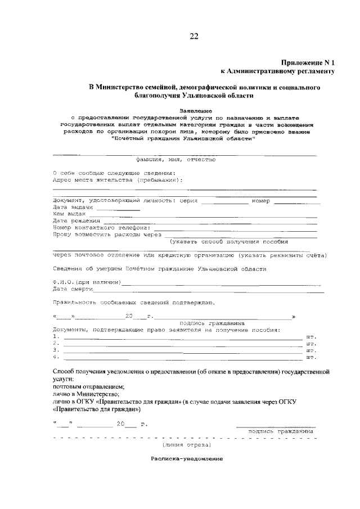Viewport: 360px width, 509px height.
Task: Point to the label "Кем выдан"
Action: (69, 214)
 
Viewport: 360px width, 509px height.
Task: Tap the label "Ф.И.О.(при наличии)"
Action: (86, 282)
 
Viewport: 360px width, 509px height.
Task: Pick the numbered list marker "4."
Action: (56, 357)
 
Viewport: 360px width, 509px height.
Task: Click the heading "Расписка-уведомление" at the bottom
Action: (187, 459)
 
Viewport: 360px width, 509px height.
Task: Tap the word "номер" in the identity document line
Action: (262, 201)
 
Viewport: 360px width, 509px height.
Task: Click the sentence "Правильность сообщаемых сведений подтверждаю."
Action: (132, 303)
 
